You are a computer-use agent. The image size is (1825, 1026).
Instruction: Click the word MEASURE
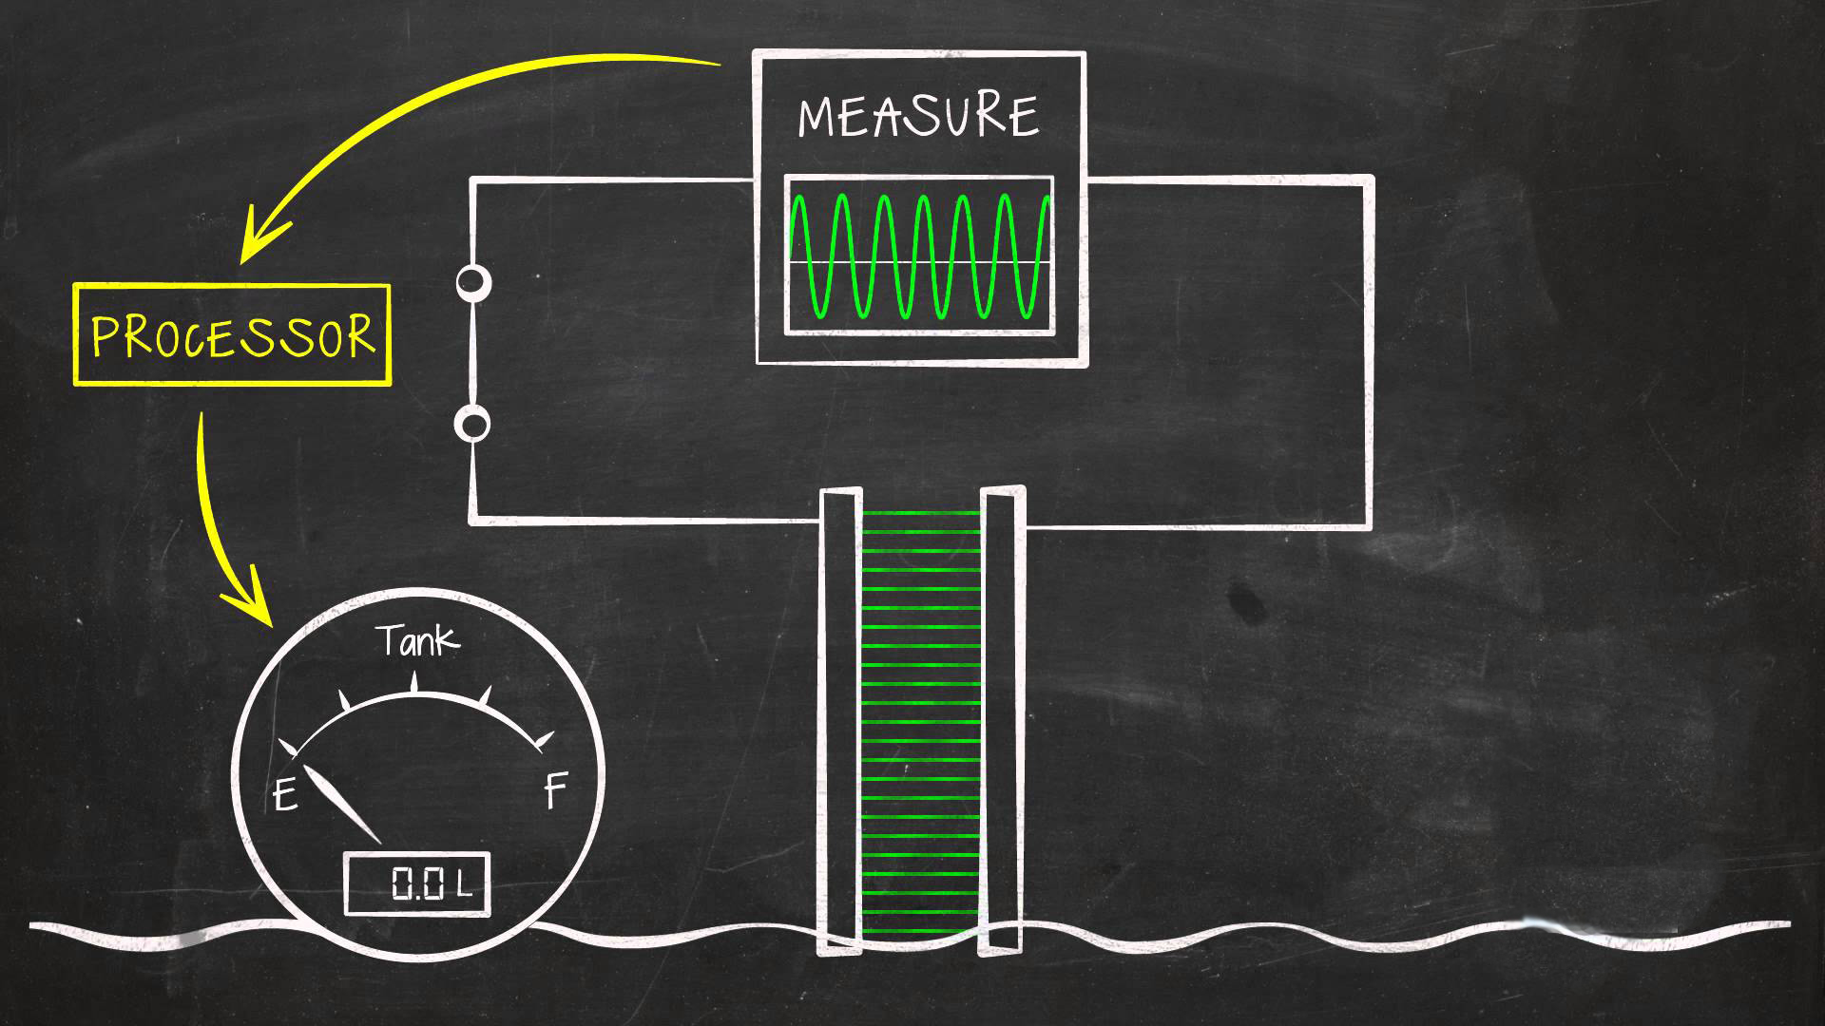click(x=918, y=117)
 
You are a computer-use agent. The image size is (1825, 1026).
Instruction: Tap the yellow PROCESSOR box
click(x=233, y=335)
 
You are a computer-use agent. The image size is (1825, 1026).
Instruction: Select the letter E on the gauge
click(x=285, y=794)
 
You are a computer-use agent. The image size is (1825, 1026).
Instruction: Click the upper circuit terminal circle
click(x=473, y=282)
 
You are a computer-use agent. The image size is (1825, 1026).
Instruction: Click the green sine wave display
click(x=919, y=256)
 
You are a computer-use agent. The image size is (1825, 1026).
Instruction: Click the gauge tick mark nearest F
click(x=544, y=739)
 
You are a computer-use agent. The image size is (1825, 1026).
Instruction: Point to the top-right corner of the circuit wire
click(x=1370, y=180)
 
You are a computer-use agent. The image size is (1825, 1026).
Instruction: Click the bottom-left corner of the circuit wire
click(x=473, y=520)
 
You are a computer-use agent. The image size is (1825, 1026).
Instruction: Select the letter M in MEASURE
click(x=818, y=118)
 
